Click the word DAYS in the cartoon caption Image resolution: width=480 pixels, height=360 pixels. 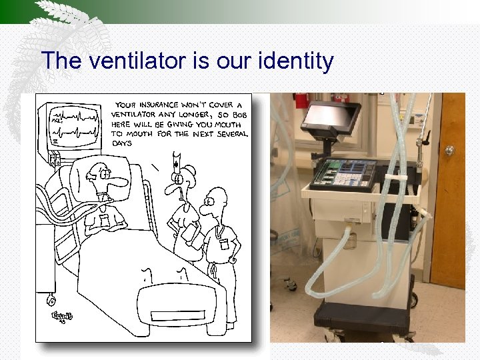(123, 143)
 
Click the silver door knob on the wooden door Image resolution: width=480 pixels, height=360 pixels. (450, 151)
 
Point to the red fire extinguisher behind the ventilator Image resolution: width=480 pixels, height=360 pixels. (301, 100)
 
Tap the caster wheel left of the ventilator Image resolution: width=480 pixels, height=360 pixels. (291, 285)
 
